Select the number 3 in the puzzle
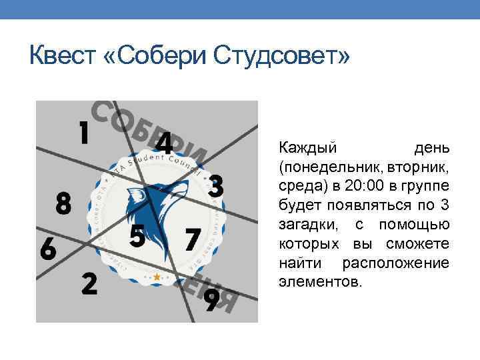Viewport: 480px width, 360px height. [x=215, y=186]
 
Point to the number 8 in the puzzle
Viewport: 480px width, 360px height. [x=63, y=203]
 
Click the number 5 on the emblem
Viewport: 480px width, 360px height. [x=137, y=236]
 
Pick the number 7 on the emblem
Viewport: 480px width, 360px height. [x=193, y=239]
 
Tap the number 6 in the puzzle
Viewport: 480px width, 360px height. [x=48, y=249]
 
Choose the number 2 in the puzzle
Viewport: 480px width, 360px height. [x=89, y=283]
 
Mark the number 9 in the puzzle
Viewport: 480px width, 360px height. [x=211, y=299]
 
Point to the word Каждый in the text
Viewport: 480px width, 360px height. [x=307, y=146]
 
